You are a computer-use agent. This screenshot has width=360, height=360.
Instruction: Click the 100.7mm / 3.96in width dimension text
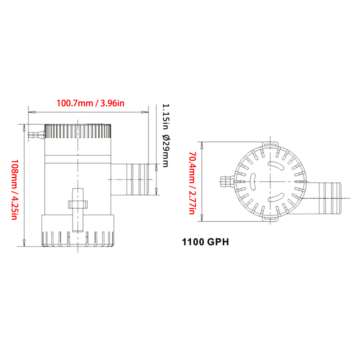(90, 103)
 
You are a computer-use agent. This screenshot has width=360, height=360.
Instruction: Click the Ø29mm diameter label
(165, 150)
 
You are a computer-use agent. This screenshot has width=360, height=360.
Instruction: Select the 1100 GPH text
(205, 242)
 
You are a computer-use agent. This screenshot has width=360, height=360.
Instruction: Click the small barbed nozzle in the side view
(36, 136)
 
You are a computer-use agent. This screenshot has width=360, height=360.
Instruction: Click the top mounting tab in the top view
(270, 143)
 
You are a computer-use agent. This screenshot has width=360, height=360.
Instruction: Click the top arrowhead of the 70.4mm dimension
(202, 144)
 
